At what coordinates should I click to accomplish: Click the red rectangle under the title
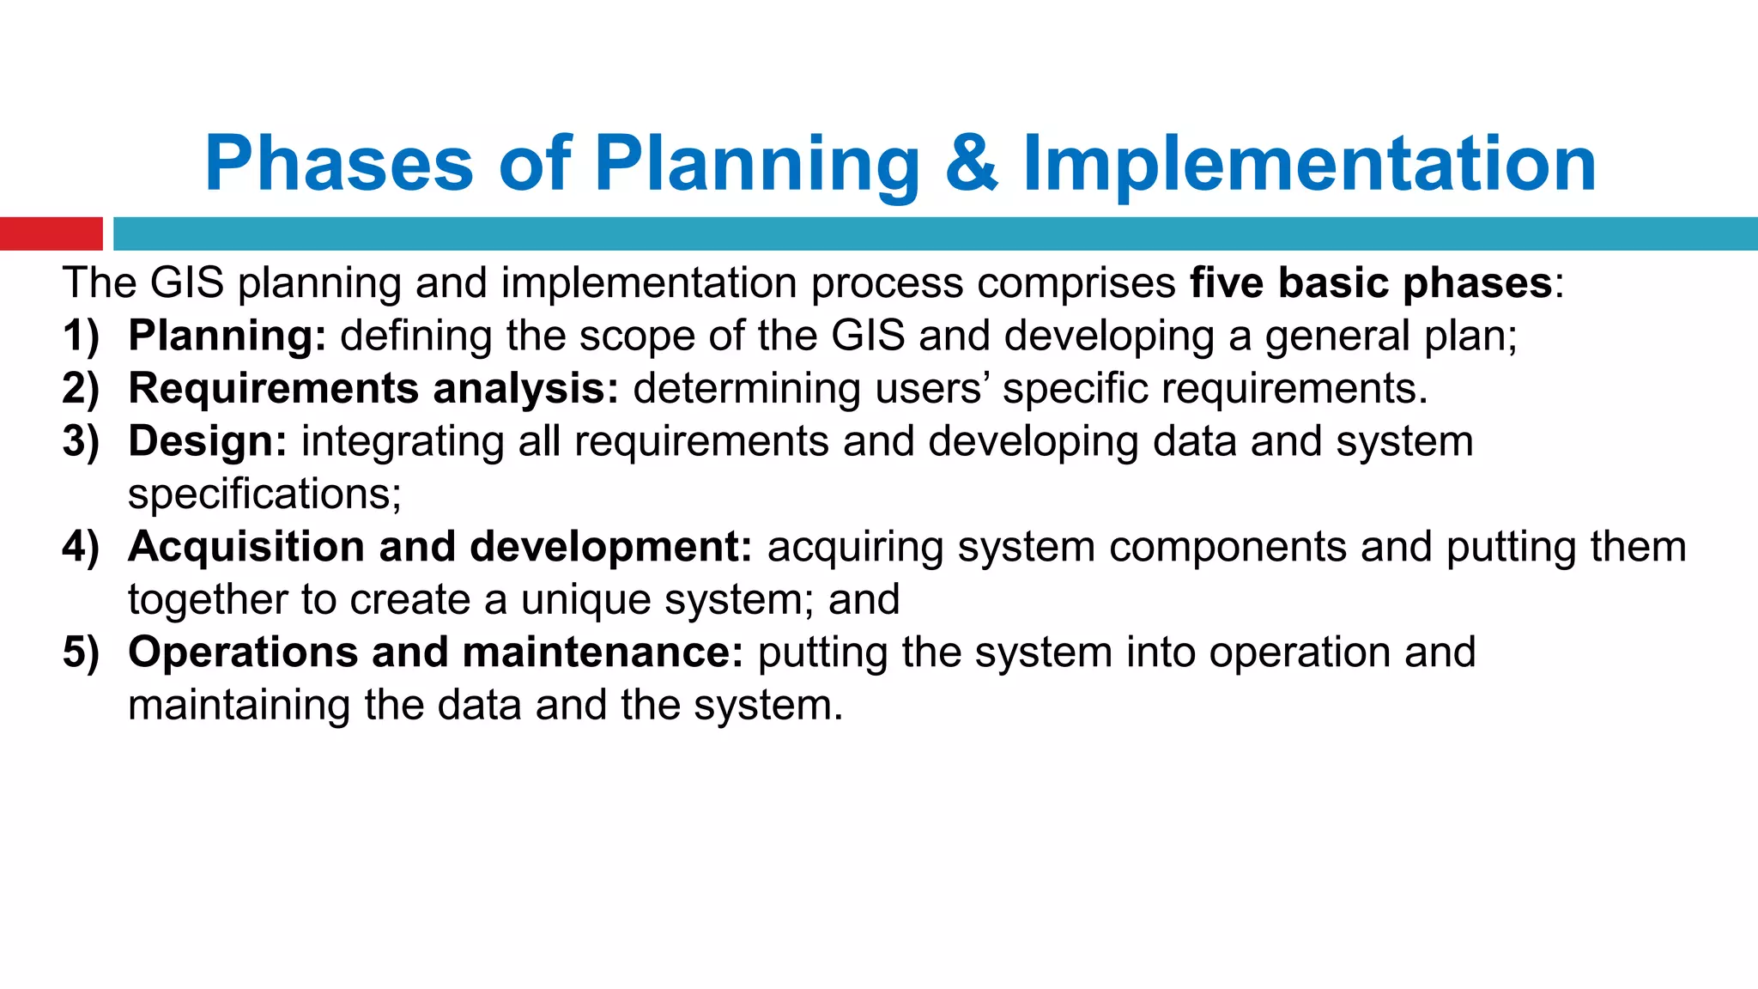point(51,234)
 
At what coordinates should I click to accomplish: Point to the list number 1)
point(81,336)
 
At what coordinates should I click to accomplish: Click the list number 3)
point(81,441)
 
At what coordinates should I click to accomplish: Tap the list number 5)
point(81,652)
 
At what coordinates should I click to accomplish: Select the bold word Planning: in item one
point(227,336)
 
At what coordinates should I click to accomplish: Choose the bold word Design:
point(207,441)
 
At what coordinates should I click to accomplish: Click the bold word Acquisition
point(246,547)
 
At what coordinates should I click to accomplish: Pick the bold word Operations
point(242,652)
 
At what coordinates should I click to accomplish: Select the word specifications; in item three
point(264,494)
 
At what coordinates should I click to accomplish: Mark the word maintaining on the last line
point(239,706)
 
